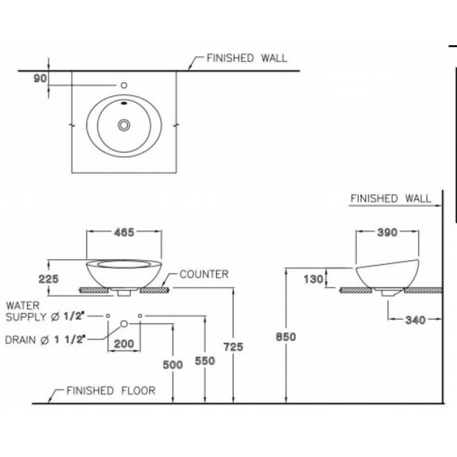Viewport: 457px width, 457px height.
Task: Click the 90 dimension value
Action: coord(39,79)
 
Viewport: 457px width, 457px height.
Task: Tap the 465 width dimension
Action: coord(123,232)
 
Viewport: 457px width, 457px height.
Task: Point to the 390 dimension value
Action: coord(387,232)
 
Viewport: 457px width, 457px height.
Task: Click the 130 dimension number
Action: coord(314,279)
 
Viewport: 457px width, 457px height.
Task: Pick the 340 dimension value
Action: coord(415,320)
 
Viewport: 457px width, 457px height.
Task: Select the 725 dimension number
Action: coord(234,347)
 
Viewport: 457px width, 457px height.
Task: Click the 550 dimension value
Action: coord(205,360)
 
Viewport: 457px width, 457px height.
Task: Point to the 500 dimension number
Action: coord(173,365)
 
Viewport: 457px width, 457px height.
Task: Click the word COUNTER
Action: coord(204,275)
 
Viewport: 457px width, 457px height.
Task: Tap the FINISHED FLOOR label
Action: coord(111,391)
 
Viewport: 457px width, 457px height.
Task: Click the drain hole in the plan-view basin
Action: coord(124,125)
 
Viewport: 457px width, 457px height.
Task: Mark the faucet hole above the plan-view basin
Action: coord(123,85)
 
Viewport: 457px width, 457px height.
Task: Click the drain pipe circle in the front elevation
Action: coord(124,324)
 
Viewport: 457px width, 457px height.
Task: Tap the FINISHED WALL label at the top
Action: coord(247,58)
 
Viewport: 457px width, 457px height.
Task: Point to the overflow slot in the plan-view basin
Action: coord(124,105)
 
